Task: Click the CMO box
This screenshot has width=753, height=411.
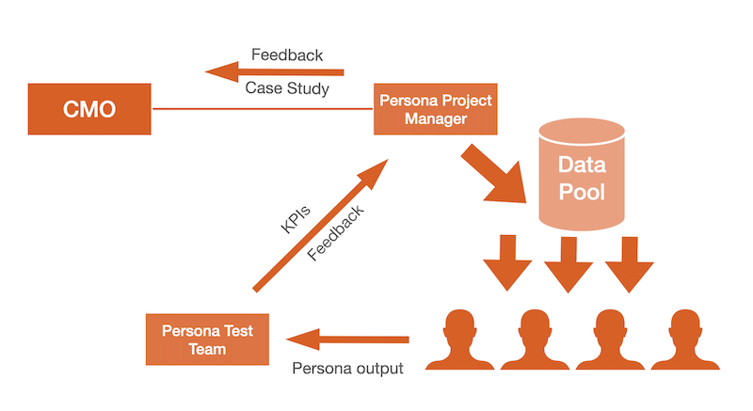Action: [x=89, y=109]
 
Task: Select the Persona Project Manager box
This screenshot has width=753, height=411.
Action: [x=434, y=110]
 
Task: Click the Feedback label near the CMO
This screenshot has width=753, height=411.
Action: [x=287, y=55]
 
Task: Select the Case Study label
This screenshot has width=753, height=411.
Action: [x=287, y=89]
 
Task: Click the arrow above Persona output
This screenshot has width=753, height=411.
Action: [x=348, y=339]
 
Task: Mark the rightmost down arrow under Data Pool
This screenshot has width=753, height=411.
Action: [x=629, y=265]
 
